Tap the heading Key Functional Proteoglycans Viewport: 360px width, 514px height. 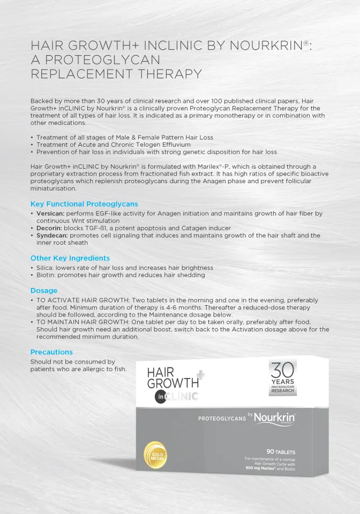click(84, 204)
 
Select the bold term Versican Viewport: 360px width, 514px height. click(50, 214)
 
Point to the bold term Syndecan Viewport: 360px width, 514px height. click(51, 236)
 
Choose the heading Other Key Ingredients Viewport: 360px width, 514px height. click(70, 258)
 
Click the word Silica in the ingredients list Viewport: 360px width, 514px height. click(45, 268)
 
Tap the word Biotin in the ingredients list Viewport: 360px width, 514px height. click(46, 275)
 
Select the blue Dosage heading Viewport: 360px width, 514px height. click(44, 291)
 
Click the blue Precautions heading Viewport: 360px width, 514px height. click(51, 352)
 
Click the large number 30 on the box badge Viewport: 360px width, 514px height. click(282, 370)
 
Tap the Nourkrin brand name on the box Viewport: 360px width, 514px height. click(275, 417)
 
